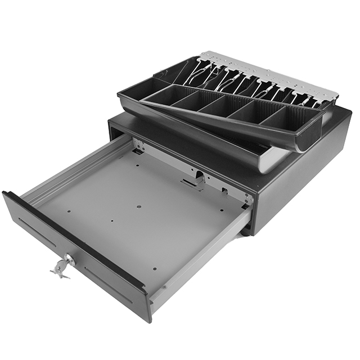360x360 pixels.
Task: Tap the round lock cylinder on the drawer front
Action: [x=70, y=259]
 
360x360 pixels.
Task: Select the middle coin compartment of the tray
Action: [x=219, y=107]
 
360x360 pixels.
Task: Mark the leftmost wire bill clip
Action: [x=194, y=73]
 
